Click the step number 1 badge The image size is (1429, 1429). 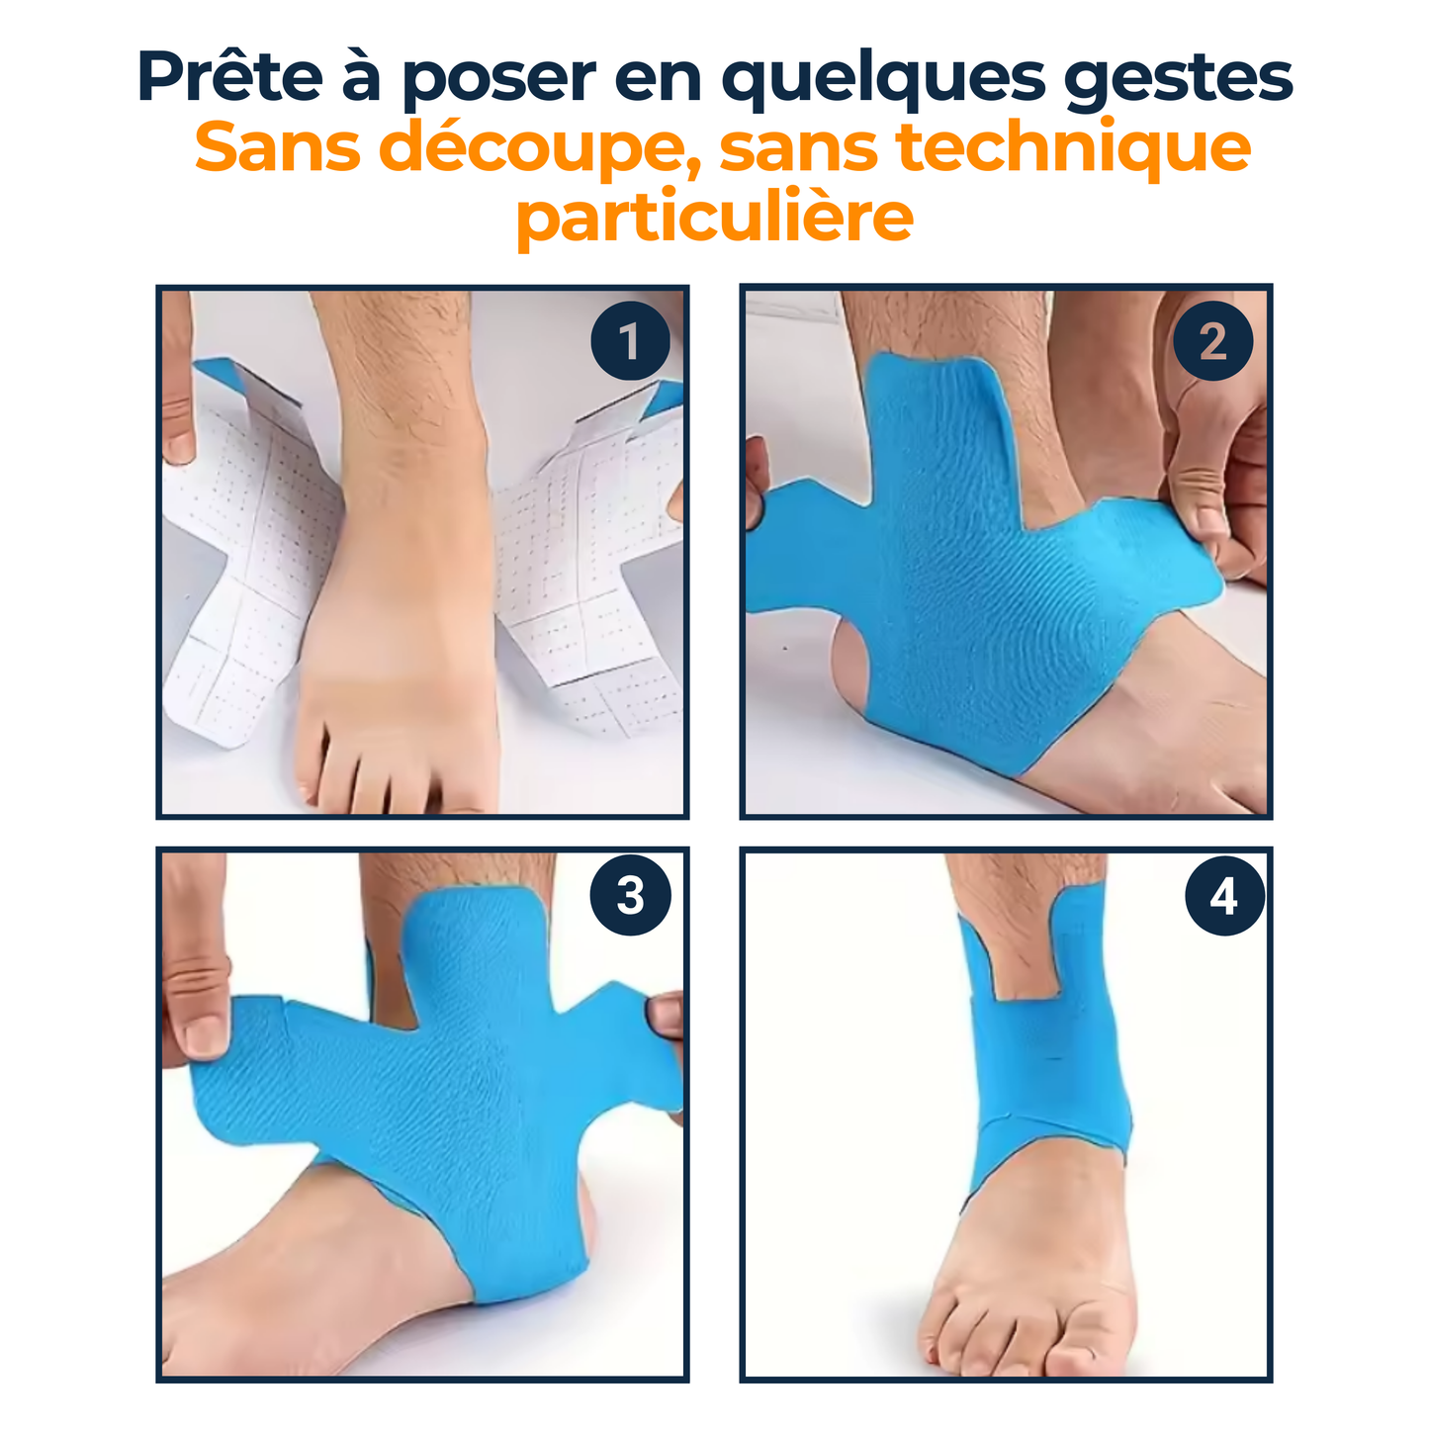tap(630, 343)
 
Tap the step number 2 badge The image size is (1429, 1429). tap(1212, 343)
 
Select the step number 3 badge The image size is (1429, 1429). tap(630, 896)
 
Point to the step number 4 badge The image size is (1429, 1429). tap(1223, 897)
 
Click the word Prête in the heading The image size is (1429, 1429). tap(229, 77)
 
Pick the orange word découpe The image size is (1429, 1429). tap(541, 148)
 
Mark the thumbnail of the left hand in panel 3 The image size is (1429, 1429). tap(206, 1033)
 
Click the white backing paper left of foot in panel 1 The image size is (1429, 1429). tap(242, 554)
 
